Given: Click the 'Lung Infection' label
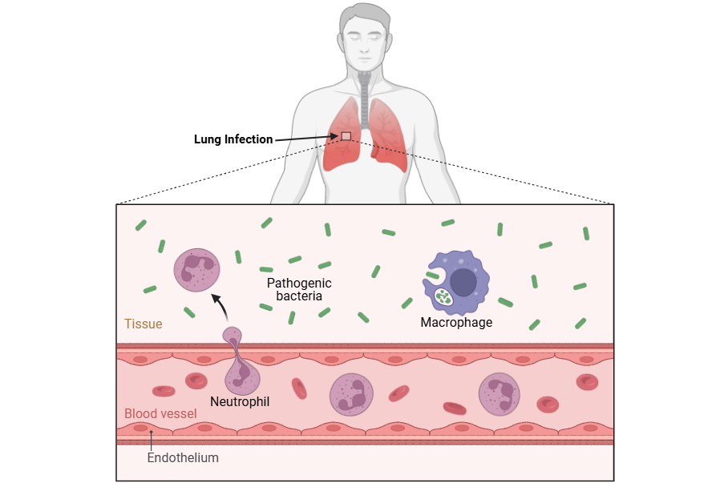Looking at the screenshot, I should (233, 139).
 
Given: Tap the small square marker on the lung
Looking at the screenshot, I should (346, 136).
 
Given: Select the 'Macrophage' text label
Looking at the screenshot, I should (456, 323).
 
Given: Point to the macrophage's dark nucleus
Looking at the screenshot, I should (463, 282).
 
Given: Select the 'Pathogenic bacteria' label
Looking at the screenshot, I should (298, 289).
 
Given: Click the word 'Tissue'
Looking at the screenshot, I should (143, 324).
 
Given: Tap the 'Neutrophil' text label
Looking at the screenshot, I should (240, 400).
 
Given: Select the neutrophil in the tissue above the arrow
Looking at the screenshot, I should (196, 270).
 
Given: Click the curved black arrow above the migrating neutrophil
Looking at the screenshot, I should (220, 308).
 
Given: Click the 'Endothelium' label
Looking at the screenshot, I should (183, 458).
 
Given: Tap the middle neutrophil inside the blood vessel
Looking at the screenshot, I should (351, 394).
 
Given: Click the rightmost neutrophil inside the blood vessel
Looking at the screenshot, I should (500, 393).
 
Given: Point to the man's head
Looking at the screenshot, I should (365, 36).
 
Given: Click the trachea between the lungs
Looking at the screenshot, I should (366, 100).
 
